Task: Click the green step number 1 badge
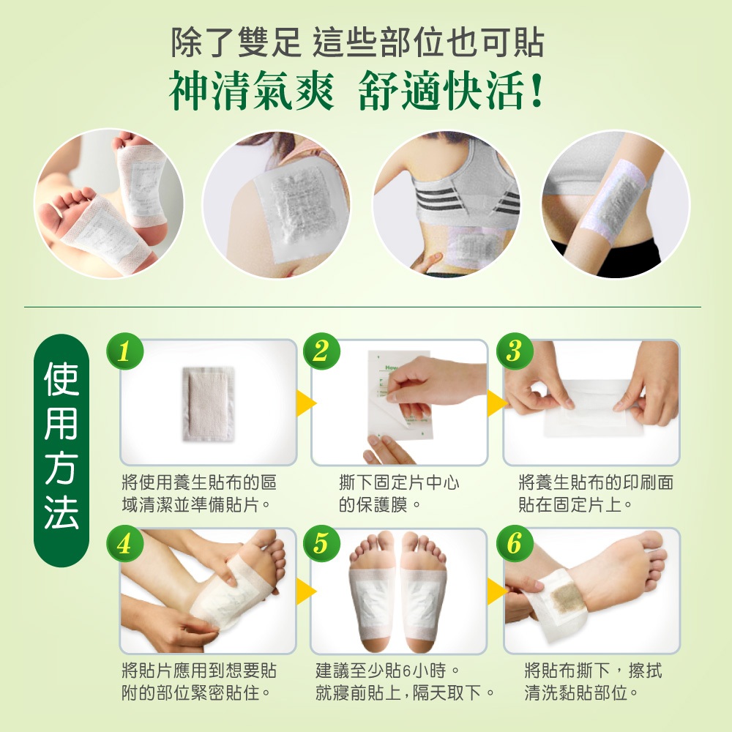click(124, 351)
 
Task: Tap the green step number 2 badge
click(321, 351)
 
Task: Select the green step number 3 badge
click(515, 351)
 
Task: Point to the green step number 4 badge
click(124, 544)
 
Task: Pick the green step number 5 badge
click(321, 543)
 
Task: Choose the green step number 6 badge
click(515, 543)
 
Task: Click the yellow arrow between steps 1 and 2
click(306, 403)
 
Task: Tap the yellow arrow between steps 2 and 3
click(497, 403)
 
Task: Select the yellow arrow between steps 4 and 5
click(306, 591)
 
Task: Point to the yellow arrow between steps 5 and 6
click(497, 591)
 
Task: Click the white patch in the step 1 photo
click(208, 404)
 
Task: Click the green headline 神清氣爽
click(251, 91)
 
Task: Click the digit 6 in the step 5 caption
click(406, 671)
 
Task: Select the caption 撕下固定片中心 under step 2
click(400, 482)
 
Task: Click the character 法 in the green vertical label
click(61, 512)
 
